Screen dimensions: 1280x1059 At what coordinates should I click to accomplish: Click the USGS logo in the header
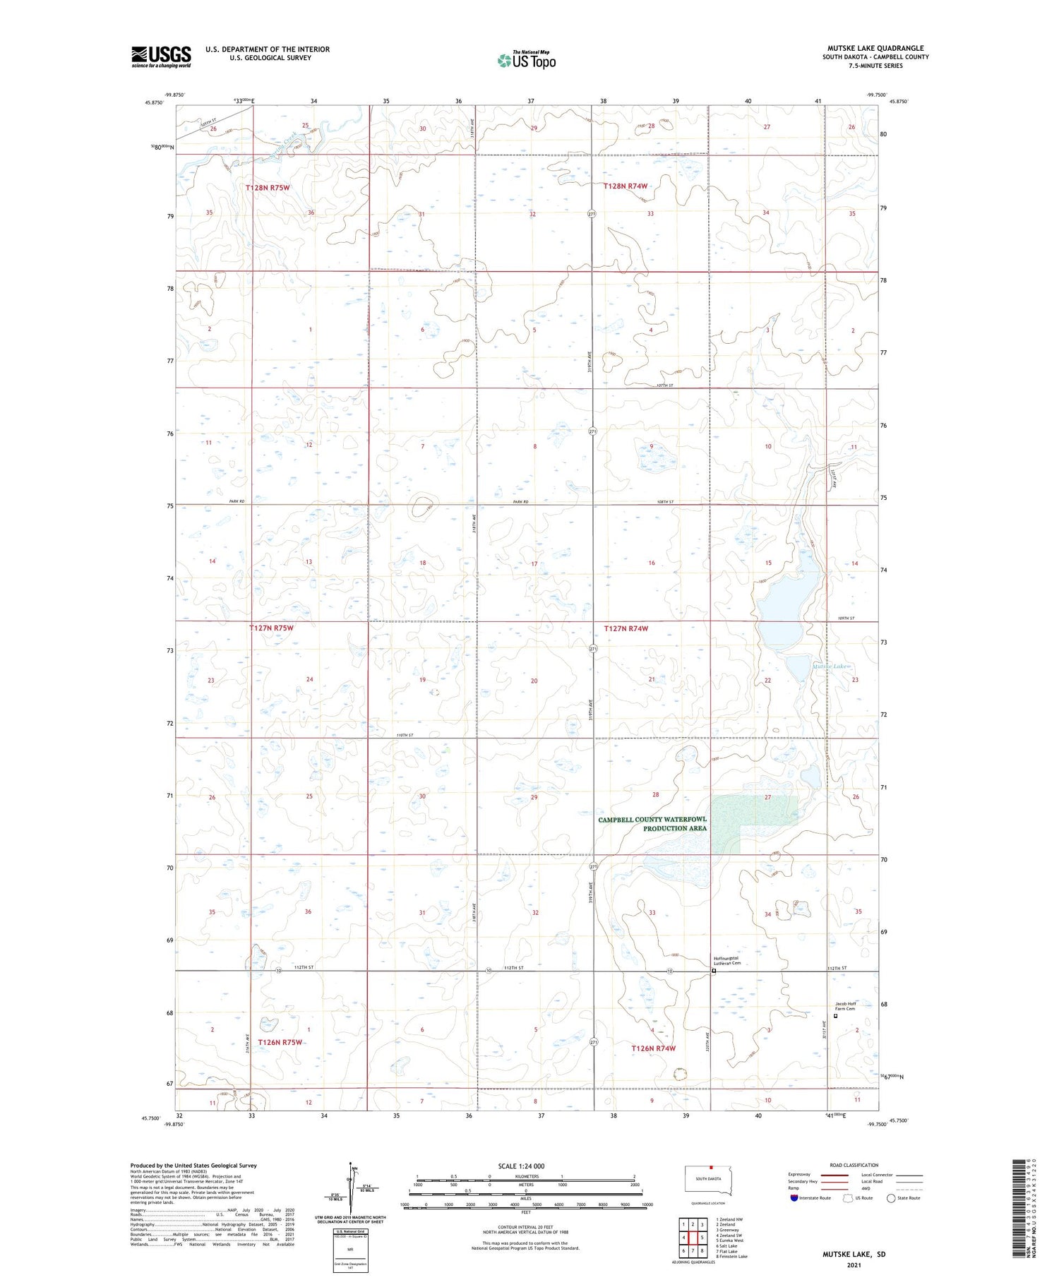[161, 56]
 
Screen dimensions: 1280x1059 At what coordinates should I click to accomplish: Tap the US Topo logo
[527, 61]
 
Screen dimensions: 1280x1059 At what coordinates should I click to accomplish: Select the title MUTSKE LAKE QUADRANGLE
[875, 48]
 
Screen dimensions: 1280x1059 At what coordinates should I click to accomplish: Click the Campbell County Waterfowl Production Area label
[652, 824]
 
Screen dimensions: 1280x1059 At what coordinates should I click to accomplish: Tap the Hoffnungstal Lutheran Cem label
[726, 961]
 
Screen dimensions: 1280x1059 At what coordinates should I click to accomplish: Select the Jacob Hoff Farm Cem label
[846, 1006]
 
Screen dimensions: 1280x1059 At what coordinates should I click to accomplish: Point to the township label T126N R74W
[653, 1048]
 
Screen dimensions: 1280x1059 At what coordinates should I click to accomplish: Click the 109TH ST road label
[846, 618]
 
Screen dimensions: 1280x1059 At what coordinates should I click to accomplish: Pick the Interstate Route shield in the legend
[794, 1198]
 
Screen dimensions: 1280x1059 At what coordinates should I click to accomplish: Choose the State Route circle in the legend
[891, 1198]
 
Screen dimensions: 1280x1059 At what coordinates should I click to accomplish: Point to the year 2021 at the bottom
[854, 1264]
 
